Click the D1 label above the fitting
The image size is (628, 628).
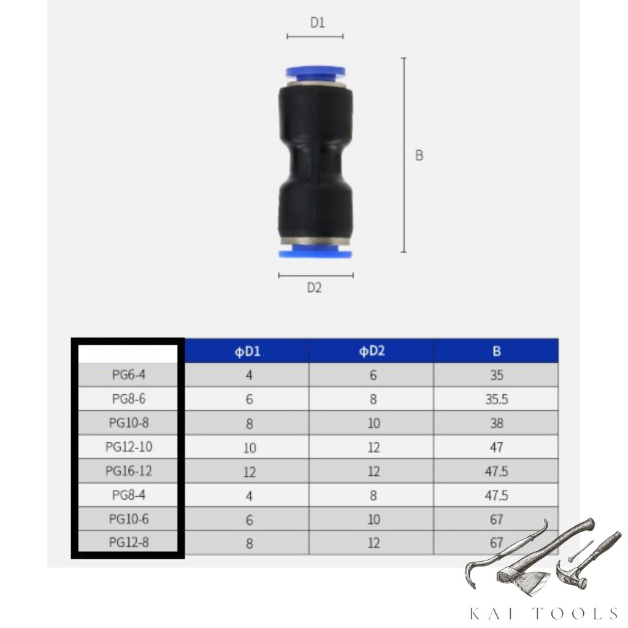318,23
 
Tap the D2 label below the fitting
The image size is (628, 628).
315,288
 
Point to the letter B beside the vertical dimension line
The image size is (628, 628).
419,155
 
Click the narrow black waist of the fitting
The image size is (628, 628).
316,165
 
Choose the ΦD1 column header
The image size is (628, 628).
248,351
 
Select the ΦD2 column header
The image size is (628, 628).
372,351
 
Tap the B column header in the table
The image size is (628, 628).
497,351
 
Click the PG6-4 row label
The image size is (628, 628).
129,375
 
